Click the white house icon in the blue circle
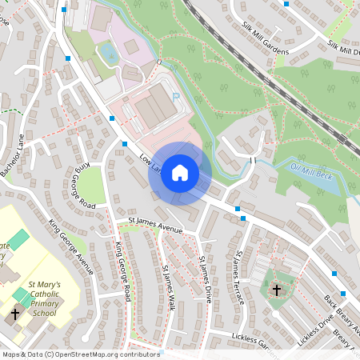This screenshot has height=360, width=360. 180,173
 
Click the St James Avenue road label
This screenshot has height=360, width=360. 156,226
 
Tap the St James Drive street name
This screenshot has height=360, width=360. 206,279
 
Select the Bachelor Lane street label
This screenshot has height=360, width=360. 14,156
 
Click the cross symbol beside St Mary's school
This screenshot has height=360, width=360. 14,314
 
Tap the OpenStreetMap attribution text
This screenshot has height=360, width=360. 80,354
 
